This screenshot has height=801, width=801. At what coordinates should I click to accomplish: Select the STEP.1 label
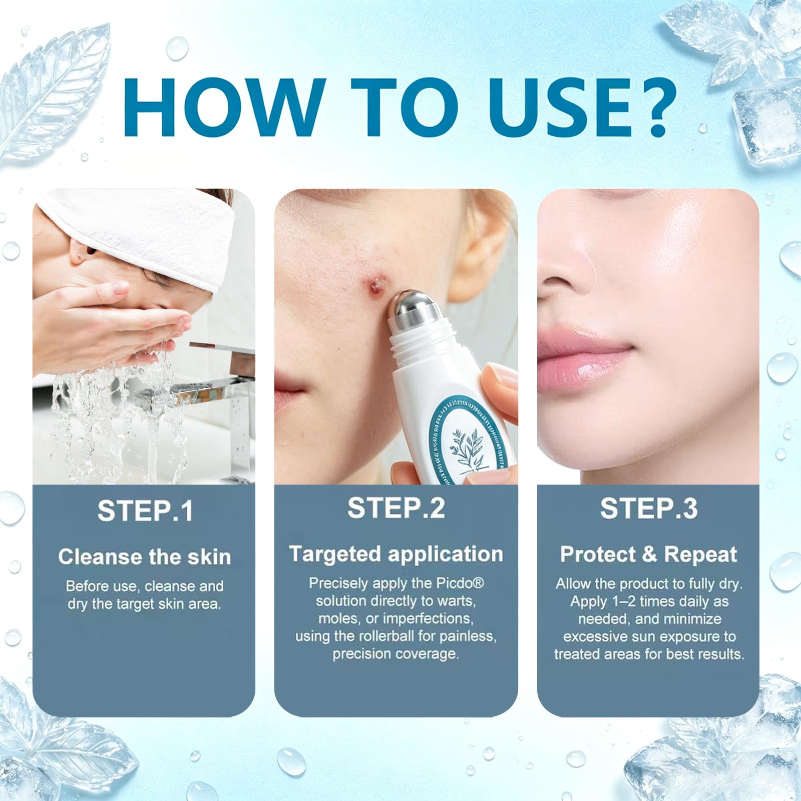click(x=145, y=511)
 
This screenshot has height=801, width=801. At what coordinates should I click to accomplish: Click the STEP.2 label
click(x=396, y=508)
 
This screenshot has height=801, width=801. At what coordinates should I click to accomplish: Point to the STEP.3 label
click(x=649, y=508)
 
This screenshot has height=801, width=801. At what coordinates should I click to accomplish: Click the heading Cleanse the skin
click(x=144, y=557)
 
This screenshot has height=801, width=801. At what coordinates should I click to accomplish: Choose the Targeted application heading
click(x=396, y=554)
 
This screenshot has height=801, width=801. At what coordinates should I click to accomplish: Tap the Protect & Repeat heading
click(x=648, y=554)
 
